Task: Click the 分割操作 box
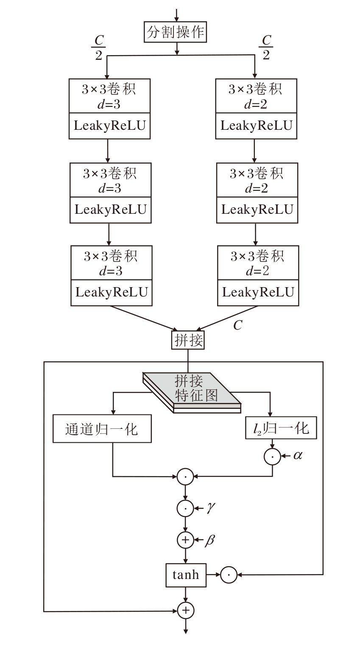pyautogui.click(x=176, y=32)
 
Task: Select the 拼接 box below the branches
pyautogui.click(x=188, y=340)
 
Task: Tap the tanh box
pyautogui.click(x=186, y=575)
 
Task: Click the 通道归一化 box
pyautogui.click(x=102, y=429)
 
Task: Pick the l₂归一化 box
pyautogui.click(x=282, y=428)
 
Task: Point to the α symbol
pyautogui.click(x=298, y=456)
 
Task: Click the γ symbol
pyautogui.click(x=210, y=508)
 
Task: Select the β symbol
pyautogui.click(x=210, y=540)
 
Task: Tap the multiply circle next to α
pyautogui.click(x=272, y=456)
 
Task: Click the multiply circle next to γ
pyautogui.click(x=185, y=508)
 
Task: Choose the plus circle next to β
pyautogui.click(x=185, y=540)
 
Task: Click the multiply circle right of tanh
pyautogui.click(x=229, y=575)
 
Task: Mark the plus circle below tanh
pyautogui.click(x=185, y=611)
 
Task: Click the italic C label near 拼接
pyautogui.click(x=237, y=325)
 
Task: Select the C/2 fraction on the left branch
pyautogui.click(x=98, y=47)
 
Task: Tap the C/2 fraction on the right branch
pyautogui.click(x=266, y=47)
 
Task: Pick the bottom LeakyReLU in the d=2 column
pyautogui.click(x=258, y=292)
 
